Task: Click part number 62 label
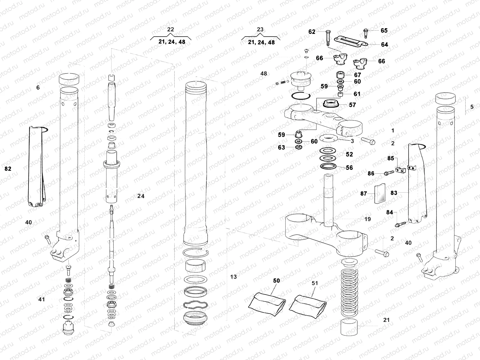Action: coord(312,31)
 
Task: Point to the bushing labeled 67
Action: coord(340,74)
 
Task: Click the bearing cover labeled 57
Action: coord(331,104)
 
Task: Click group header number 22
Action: coord(170,29)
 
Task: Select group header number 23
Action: coord(260,29)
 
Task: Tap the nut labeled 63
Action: coord(298,147)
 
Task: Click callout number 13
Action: coord(233,277)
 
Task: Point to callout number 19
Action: coord(367,219)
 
